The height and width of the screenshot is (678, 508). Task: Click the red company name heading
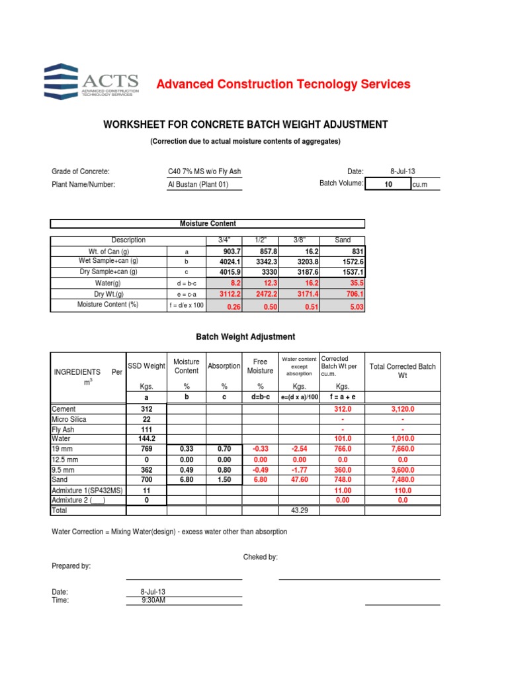tap(282, 84)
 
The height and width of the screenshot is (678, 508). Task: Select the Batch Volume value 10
tap(388, 185)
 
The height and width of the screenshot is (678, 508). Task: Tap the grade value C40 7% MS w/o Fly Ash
tap(204, 171)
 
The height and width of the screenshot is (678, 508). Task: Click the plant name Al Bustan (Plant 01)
tap(198, 185)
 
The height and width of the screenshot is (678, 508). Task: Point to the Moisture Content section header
tap(208, 224)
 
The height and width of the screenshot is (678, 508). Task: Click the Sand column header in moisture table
tap(343, 240)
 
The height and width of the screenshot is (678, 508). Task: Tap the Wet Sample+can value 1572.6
tap(351, 262)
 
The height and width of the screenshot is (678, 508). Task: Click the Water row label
tap(62, 438)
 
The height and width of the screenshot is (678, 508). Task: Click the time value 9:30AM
tap(153, 600)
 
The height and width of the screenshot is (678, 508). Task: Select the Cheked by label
tap(261, 557)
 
